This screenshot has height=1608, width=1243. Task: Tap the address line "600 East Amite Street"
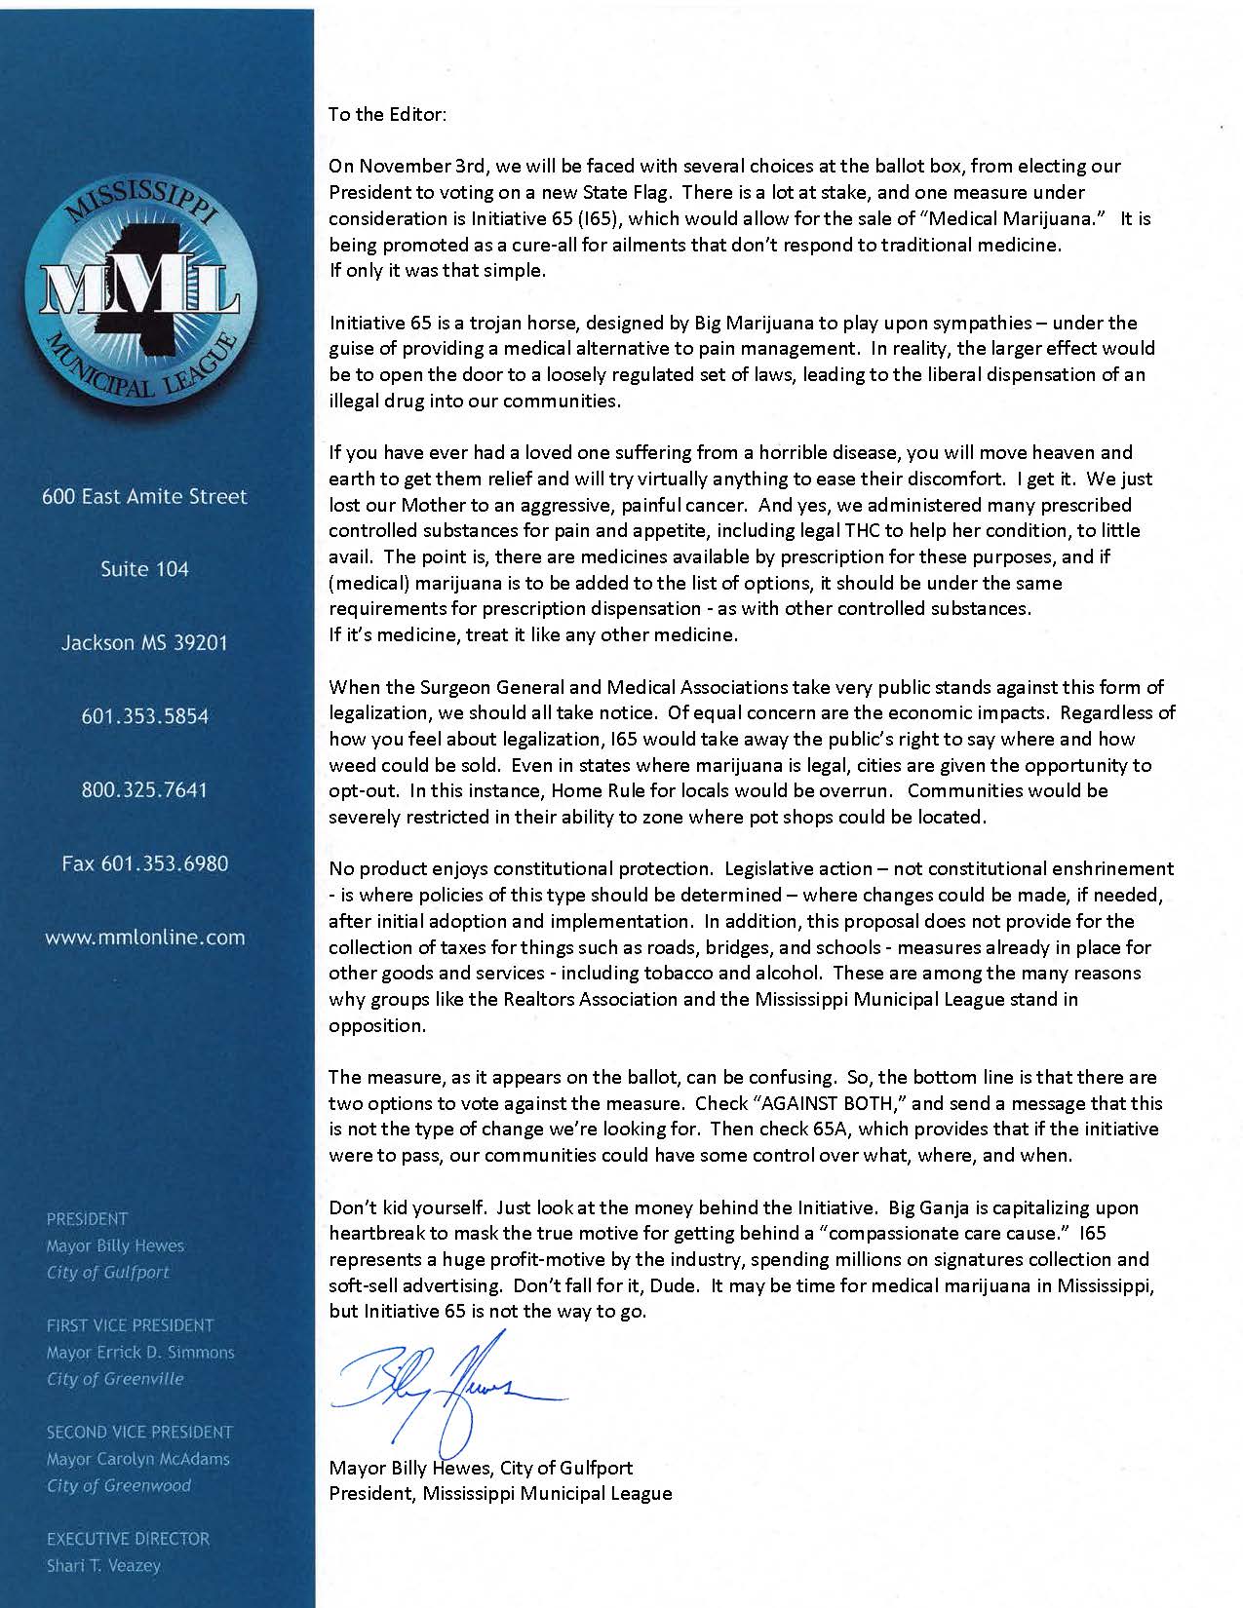tap(144, 496)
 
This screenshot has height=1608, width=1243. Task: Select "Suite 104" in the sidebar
tap(144, 569)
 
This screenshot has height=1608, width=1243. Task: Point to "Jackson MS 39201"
tap(144, 643)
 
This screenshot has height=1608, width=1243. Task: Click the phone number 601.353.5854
tap(144, 716)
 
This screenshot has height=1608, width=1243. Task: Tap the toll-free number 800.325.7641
tap(144, 789)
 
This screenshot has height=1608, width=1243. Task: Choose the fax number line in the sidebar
tap(144, 863)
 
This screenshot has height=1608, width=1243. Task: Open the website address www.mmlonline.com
tap(144, 938)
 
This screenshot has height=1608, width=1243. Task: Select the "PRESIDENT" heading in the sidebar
tap(87, 1218)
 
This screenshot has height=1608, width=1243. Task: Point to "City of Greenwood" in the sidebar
tap(118, 1485)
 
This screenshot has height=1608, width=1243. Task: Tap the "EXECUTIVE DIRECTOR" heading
tap(128, 1539)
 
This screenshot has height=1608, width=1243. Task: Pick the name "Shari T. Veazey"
tap(103, 1566)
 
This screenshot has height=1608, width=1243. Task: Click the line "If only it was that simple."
tap(437, 271)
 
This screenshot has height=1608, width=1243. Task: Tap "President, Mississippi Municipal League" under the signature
tap(500, 1493)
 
